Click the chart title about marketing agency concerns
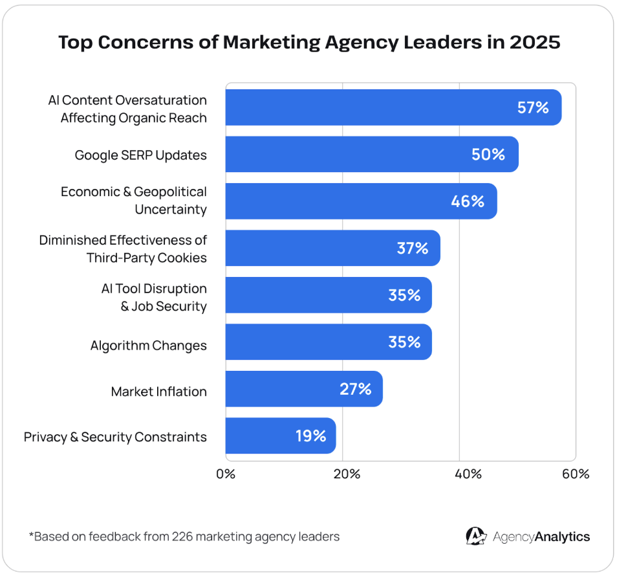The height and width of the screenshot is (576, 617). pos(309,43)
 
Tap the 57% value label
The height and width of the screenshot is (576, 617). pos(533,107)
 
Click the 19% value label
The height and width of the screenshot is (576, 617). pos(310,436)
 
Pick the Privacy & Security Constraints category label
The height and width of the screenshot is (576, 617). pos(115,437)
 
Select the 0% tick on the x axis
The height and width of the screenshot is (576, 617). pos(226,474)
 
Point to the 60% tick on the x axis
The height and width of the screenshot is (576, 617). pos(576,474)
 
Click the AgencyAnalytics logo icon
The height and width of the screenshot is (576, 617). pos(476,536)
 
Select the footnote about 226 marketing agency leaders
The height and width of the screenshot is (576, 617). pos(184,537)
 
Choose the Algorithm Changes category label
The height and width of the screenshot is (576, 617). pos(149,345)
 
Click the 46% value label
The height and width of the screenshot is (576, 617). pos(468,201)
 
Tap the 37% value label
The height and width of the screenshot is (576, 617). pos(413,248)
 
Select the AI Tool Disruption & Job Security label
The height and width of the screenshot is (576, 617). pos(154,297)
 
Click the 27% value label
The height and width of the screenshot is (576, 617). pos(356,389)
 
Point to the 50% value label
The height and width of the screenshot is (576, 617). pos(489,154)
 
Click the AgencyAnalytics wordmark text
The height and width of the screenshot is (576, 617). pos(541,537)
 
